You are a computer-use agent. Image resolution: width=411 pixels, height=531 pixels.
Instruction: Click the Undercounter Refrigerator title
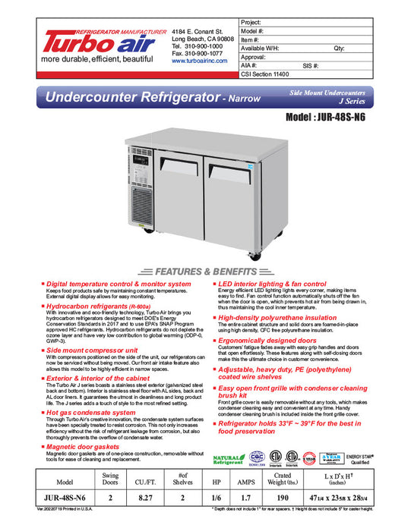point(132,98)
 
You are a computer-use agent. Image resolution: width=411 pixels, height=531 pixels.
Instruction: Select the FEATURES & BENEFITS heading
point(205,271)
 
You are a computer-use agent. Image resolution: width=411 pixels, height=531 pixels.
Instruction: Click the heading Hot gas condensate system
point(91,413)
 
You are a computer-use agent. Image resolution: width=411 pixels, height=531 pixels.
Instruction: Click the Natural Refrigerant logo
point(228,460)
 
